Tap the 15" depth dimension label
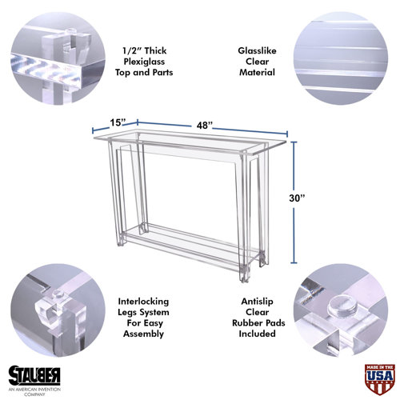point(119,122)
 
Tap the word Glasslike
point(258,46)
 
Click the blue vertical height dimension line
point(293,201)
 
